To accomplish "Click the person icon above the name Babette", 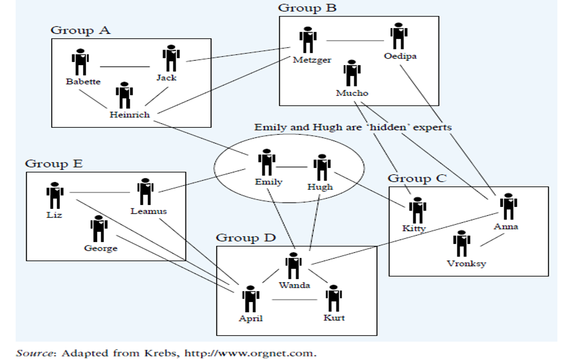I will [x=80, y=62].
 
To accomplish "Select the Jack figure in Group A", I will [x=171, y=59].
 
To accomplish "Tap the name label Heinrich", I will [x=130, y=114].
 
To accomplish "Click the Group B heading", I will [x=307, y=8].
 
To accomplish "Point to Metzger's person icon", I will [x=308, y=41].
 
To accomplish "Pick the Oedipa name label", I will [x=400, y=56].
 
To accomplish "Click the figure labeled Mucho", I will [x=352, y=73].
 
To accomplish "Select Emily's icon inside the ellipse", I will [x=266, y=162].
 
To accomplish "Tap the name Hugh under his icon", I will [x=320, y=186].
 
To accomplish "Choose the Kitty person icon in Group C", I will [x=417, y=211].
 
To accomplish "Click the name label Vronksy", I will [x=466, y=263].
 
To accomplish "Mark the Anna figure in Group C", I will [x=508, y=207].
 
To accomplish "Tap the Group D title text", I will [x=246, y=238].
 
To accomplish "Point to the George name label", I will [x=101, y=248].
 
